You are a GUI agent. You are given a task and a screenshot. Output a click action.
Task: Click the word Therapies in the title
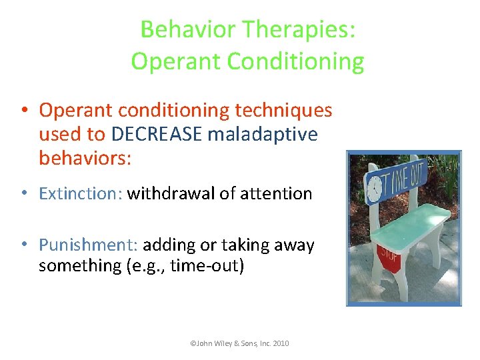tap(299, 29)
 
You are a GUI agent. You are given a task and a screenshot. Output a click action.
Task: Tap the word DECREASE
tap(157, 134)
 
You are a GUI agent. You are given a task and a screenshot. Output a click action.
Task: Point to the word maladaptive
tap(263, 134)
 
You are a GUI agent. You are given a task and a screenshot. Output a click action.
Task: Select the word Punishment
tap(87, 245)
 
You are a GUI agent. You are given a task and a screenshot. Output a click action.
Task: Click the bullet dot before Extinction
tap(23, 194)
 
